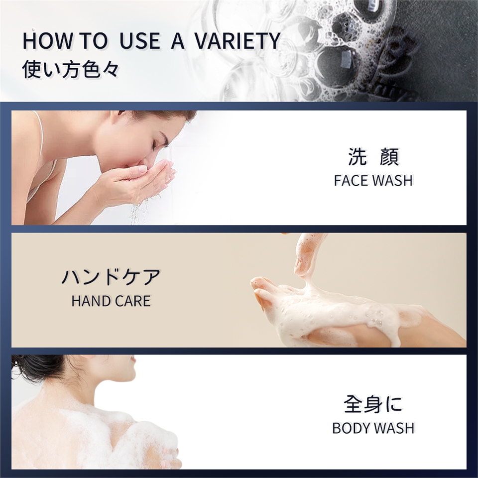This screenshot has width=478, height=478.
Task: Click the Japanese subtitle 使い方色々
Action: [70, 70]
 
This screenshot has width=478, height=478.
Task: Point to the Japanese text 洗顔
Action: [373, 157]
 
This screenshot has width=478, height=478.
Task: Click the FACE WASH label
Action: [373, 180]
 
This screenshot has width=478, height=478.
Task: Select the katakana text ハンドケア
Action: [111, 277]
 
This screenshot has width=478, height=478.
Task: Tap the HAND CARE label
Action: [111, 301]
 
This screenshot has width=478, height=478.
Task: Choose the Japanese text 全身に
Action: [373, 404]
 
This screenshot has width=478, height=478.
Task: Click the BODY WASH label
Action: [373, 428]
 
